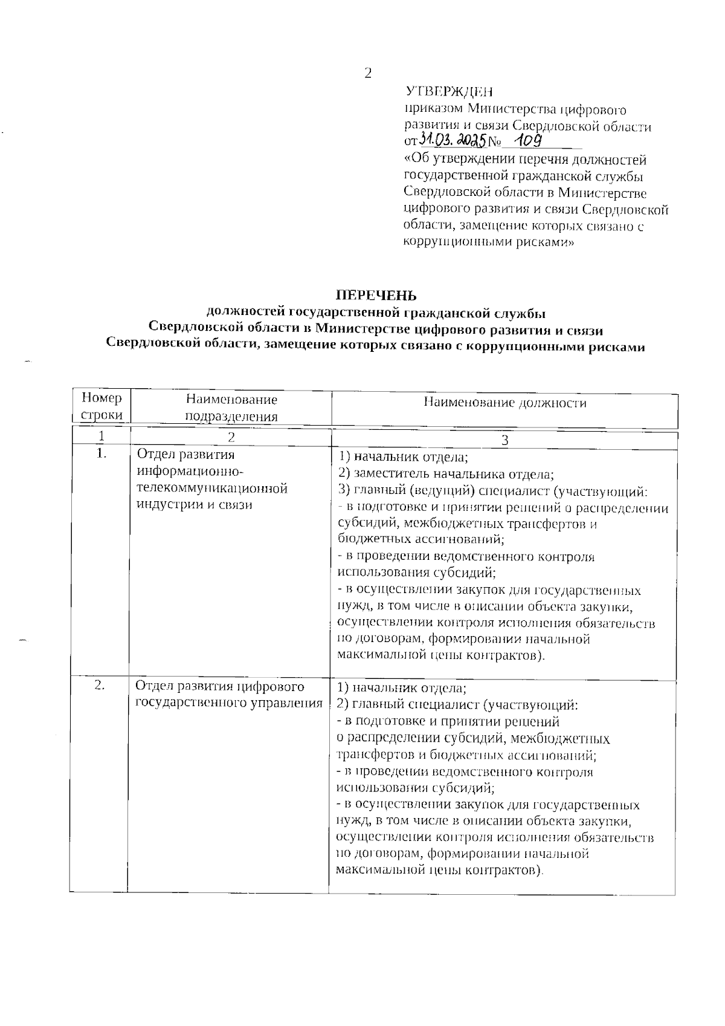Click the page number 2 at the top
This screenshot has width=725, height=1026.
(x=367, y=74)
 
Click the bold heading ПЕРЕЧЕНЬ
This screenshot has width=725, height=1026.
(x=376, y=296)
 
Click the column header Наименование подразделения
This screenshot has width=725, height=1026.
(x=231, y=407)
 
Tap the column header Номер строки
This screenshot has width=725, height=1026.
(x=101, y=407)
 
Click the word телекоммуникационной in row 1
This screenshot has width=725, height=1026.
(x=212, y=488)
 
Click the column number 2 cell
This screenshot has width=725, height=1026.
(x=231, y=437)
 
